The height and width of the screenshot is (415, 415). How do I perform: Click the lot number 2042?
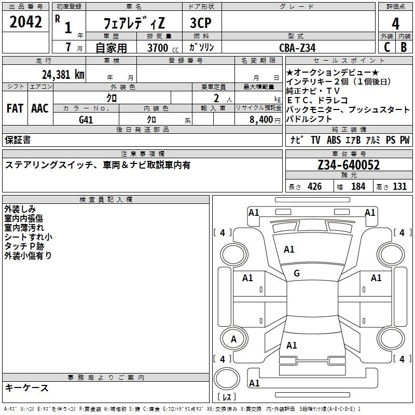click(x=25, y=22)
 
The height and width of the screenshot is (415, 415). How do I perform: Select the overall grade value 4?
click(x=395, y=23)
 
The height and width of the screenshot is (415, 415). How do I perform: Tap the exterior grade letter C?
click(x=387, y=47)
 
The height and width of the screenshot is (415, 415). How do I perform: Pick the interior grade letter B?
click(x=404, y=47)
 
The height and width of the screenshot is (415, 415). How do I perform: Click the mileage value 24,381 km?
click(x=63, y=74)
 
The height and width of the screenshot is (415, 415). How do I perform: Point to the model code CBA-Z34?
click(x=297, y=48)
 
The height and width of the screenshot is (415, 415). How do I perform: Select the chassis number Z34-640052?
click(x=349, y=165)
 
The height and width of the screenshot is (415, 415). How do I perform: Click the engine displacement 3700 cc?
click(x=163, y=48)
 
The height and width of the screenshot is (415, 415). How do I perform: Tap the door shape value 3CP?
click(x=201, y=23)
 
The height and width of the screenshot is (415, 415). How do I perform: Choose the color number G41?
click(x=86, y=120)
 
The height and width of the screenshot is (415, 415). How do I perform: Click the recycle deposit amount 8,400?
click(x=261, y=120)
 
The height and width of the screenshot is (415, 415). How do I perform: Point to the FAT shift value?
click(x=15, y=108)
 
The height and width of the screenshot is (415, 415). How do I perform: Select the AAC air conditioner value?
click(x=40, y=108)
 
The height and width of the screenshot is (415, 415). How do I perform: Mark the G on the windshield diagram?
click(x=297, y=273)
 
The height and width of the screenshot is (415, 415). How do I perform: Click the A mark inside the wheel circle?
click(x=233, y=339)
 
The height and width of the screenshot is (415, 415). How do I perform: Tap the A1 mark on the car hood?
click(x=289, y=250)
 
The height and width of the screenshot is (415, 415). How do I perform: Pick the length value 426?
click(x=315, y=186)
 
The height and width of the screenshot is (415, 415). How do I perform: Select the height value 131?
click(x=399, y=186)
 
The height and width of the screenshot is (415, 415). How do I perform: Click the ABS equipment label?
click(x=334, y=140)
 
